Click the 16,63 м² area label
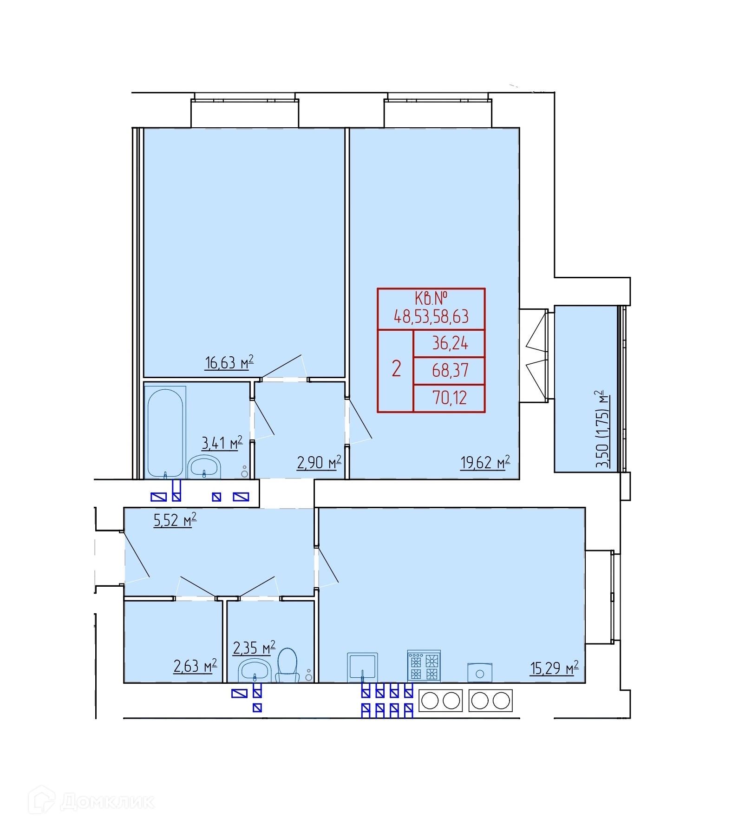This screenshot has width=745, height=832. point(229,362)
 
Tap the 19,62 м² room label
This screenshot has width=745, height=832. point(485,462)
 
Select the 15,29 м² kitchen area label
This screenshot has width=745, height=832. point(555,668)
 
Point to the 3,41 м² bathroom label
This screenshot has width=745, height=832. point(222,443)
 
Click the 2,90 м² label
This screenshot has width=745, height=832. point(319,462)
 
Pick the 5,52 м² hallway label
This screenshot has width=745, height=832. point(175,520)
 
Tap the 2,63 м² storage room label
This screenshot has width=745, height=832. point(195,666)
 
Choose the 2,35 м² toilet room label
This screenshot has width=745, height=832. point(254,648)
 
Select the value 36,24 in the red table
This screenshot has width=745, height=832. point(450,343)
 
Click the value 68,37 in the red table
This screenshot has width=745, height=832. point(450,370)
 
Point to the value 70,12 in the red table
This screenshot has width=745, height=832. point(450,398)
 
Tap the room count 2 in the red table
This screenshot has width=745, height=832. point(396,368)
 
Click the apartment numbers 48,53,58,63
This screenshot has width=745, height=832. point(431,316)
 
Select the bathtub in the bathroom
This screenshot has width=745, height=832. point(165,432)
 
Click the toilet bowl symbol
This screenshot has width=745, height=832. point(287,665)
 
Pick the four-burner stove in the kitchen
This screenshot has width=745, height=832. point(424,666)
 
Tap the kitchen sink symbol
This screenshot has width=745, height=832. point(362,668)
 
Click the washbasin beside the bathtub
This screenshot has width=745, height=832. point(204,466)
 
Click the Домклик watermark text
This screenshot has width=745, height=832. point(107,801)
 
